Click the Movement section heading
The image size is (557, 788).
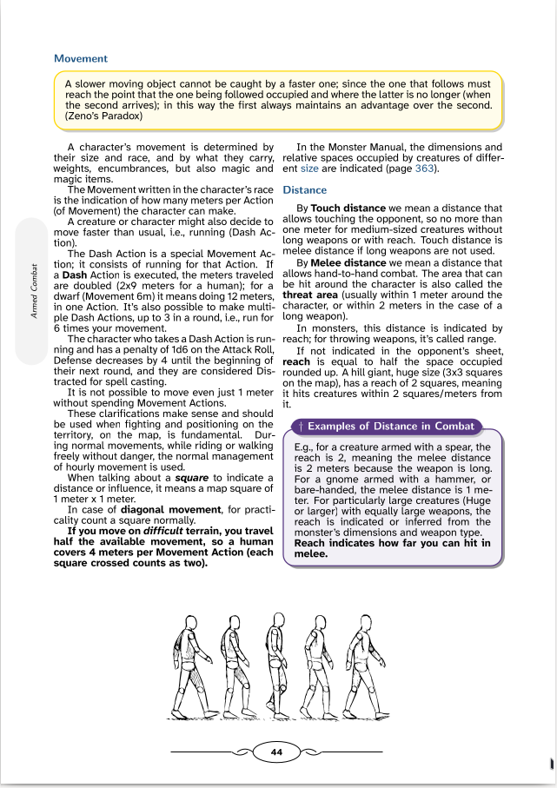81,58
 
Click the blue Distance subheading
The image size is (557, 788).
305,189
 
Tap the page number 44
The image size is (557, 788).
277,752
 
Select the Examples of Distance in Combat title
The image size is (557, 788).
391,427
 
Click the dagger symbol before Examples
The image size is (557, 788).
300,427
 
